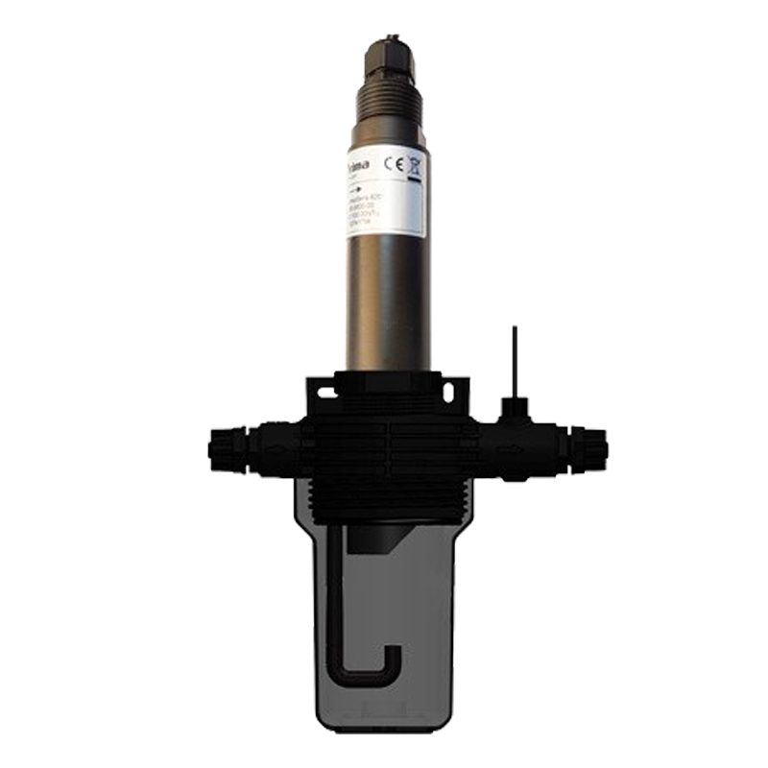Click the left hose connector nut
(x=224, y=445)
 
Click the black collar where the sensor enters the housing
(x=388, y=374)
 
